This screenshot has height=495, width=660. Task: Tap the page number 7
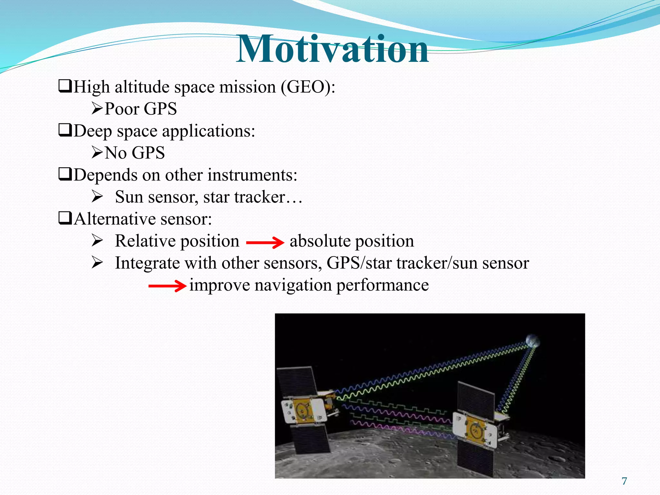coord(624,481)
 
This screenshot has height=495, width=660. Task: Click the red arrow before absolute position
coord(265,242)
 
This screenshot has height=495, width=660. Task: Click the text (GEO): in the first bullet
coord(308,87)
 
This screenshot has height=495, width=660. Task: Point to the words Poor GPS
coord(141,109)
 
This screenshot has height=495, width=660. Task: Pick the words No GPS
coord(135,153)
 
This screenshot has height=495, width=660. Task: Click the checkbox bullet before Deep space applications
coord(65,131)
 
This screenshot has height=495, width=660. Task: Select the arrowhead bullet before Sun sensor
coord(97,196)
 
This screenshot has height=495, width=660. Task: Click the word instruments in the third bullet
coord(252,175)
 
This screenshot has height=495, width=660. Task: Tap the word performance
coord(383,285)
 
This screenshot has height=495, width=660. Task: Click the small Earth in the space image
coord(532,341)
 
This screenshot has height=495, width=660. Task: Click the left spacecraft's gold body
coord(303,411)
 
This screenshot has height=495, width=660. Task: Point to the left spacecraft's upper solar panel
coord(297,382)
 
